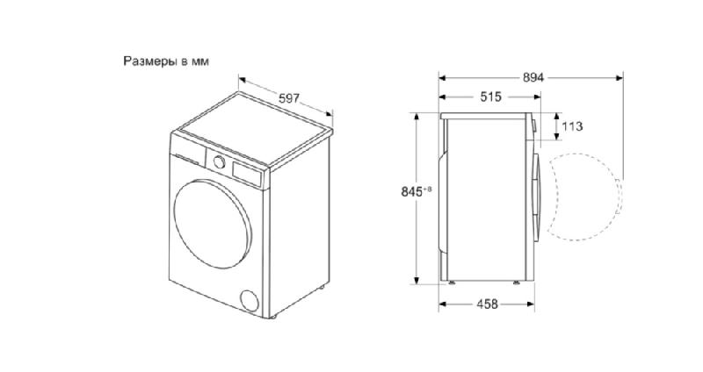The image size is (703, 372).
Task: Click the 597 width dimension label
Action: pyautogui.click(x=289, y=98)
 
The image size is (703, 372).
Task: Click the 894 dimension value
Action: pyautogui.click(x=533, y=78)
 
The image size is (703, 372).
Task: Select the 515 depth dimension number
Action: pyautogui.click(x=490, y=97)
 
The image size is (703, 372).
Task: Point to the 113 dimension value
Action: pyautogui.click(x=572, y=126)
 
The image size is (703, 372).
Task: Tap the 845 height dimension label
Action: pyautogui.click(x=412, y=191)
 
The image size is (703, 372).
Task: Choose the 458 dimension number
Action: pyautogui.click(x=487, y=304)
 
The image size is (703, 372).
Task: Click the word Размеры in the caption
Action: pyautogui.click(x=150, y=61)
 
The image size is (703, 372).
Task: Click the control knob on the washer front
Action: pyautogui.click(x=219, y=162)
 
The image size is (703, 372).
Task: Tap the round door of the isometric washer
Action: pyautogui.click(x=213, y=224)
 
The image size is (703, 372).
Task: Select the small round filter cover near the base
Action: pyautogui.click(x=250, y=300)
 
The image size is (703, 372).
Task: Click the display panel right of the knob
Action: pyautogui.click(x=246, y=174)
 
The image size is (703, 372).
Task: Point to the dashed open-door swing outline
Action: pyautogui.click(x=620, y=197)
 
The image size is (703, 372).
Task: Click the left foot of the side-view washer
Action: pyautogui.click(x=452, y=283)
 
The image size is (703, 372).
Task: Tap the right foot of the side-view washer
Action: pyautogui.click(x=517, y=283)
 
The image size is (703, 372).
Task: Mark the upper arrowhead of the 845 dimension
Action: pyautogui.click(x=417, y=117)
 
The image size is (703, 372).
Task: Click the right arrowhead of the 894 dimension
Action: pyautogui.click(x=620, y=78)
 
